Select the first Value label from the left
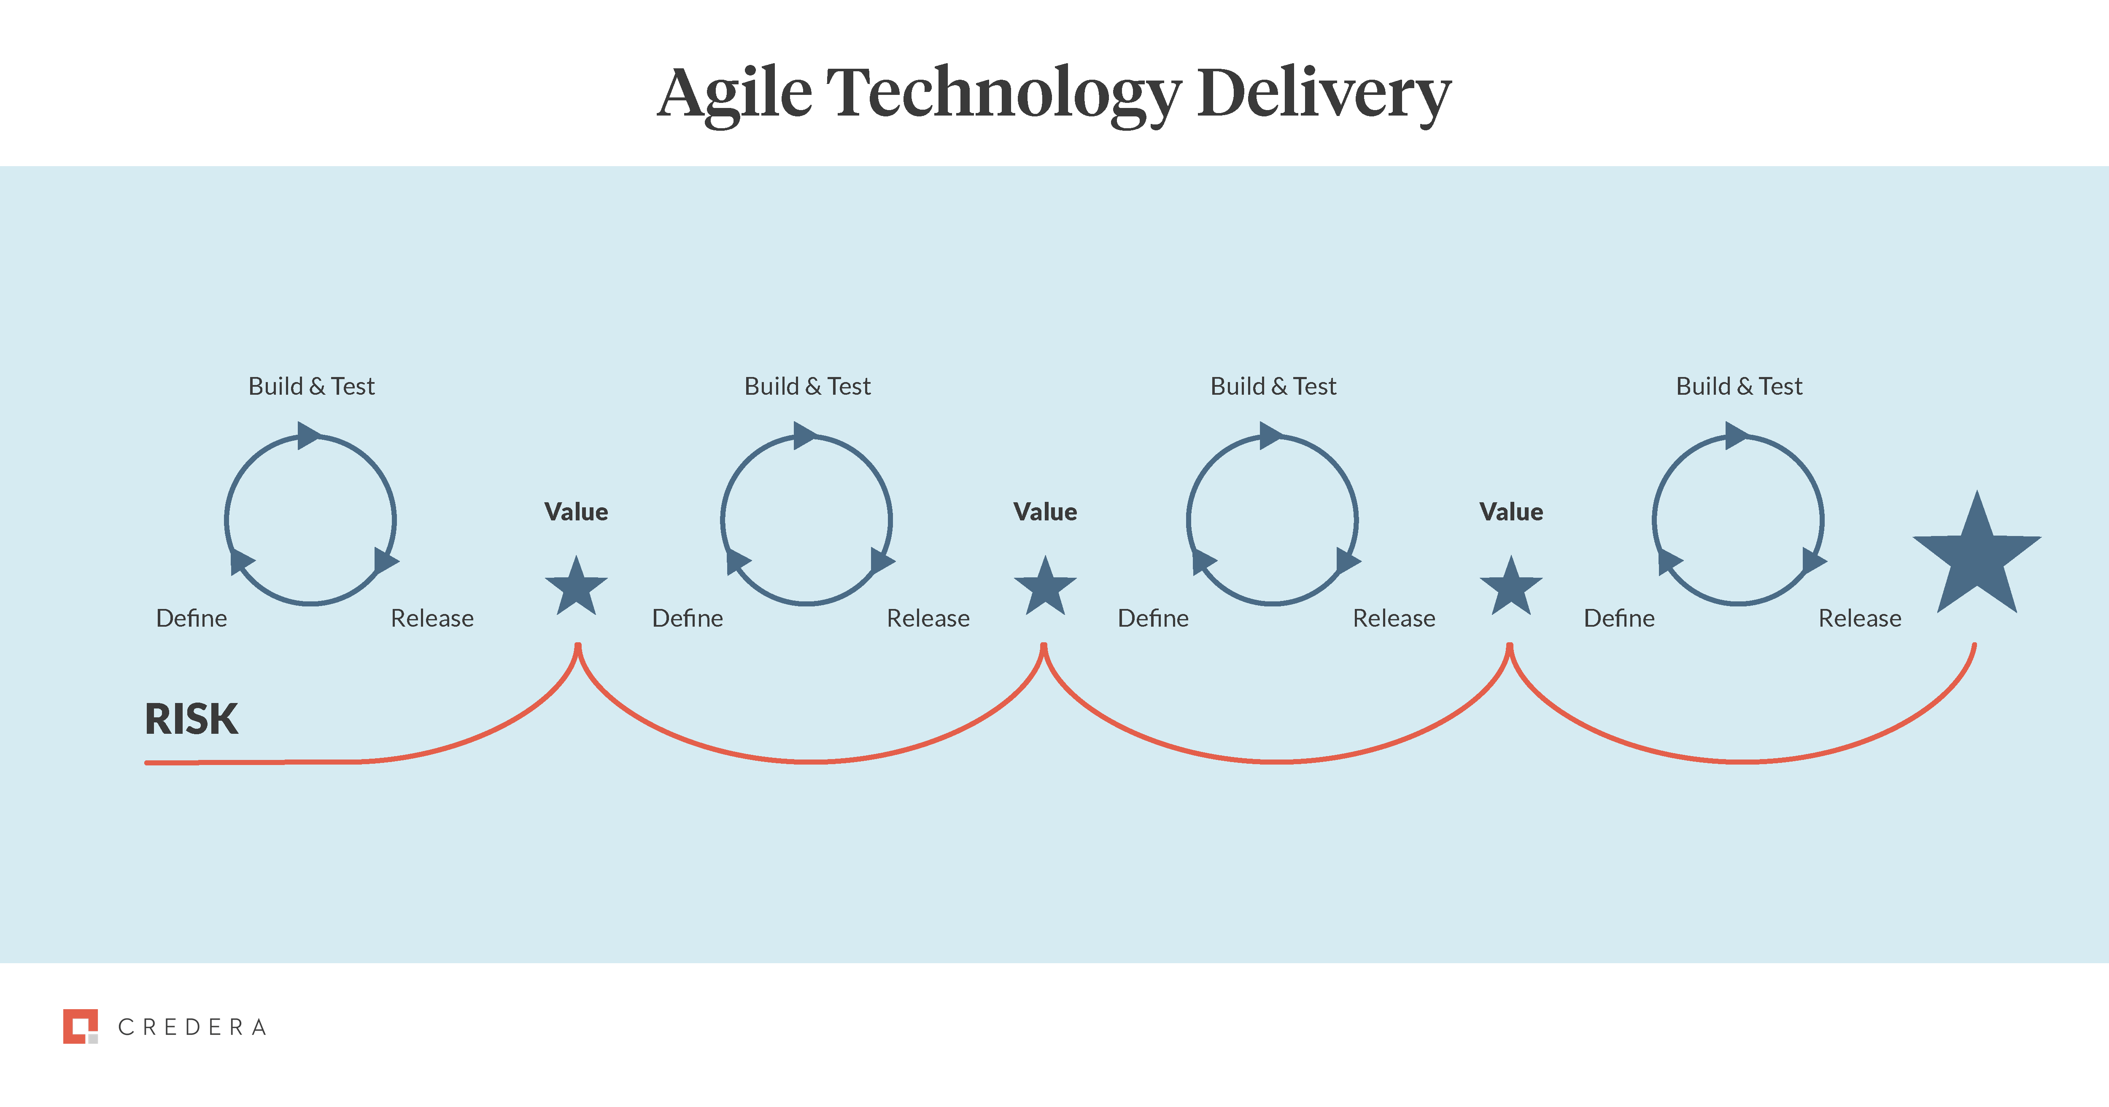pos(576,512)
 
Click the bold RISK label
pos(191,719)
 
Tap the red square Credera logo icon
pos(80,1026)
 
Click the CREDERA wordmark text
pos(192,1027)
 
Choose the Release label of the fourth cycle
pos(1859,618)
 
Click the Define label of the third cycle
pos(1153,618)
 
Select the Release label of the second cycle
pos(928,618)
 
